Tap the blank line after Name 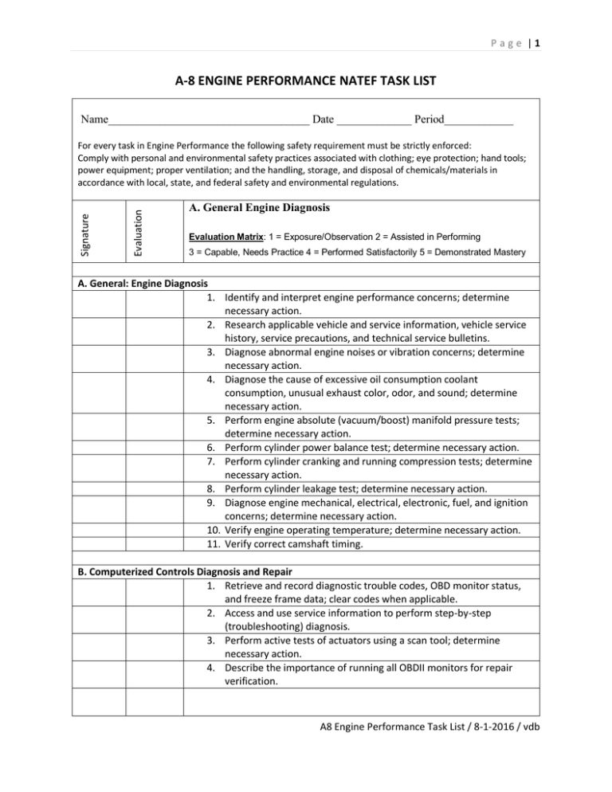coord(209,120)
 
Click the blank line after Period coord(478,120)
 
